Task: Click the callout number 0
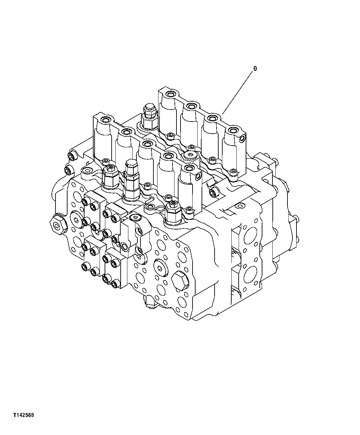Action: click(x=255, y=69)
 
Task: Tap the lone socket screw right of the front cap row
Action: click(x=213, y=192)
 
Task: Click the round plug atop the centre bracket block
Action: click(x=135, y=218)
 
